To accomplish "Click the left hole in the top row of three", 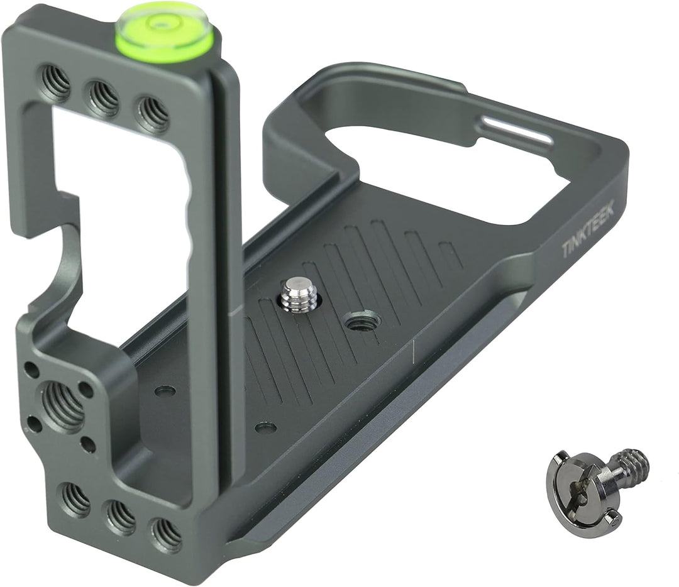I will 56,83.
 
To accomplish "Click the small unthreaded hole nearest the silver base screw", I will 265,428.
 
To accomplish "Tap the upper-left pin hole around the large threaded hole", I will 31,370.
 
